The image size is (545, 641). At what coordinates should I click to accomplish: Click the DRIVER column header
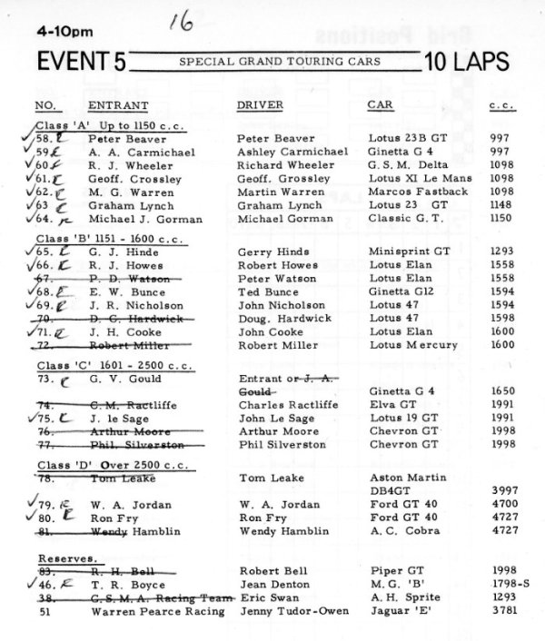click(261, 104)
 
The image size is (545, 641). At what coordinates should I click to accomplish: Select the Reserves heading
click(67, 557)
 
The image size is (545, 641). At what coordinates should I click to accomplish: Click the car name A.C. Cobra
click(400, 530)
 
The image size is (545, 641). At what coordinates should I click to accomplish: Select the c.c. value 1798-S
click(501, 585)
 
